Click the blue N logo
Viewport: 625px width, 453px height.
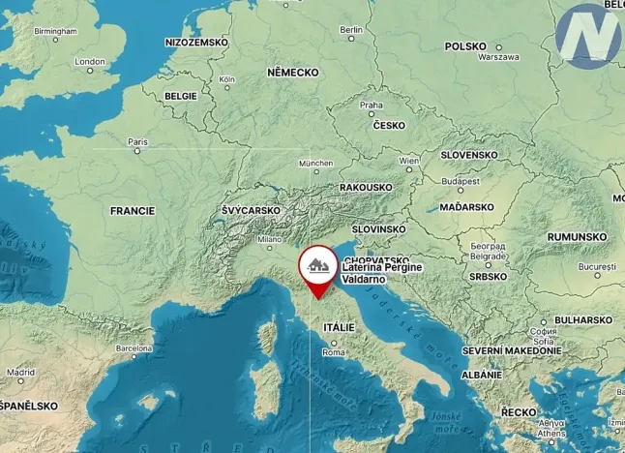coord(589,36)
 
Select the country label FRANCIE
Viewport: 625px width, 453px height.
coord(133,210)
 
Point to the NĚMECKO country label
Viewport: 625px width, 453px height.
coord(293,73)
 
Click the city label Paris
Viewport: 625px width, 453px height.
coord(137,141)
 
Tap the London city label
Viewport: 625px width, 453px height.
coord(90,61)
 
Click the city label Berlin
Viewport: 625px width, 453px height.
coord(352,30)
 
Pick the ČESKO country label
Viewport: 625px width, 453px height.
coord(389,125)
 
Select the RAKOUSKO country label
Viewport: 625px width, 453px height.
coord(366,187)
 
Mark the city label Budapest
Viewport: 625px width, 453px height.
coord(461,181)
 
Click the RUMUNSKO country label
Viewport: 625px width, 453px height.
coord(577,236)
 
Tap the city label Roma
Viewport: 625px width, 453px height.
coord(334,351)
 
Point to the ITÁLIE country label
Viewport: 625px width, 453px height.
coord(340,328)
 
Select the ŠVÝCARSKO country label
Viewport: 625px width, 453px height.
coord(251,210)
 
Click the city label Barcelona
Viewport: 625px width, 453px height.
coord(134,347)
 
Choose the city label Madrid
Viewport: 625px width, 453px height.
coord(21,371)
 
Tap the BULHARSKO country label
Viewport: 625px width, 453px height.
coord(583,319)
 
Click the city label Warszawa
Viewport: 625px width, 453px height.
coord(499,57)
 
